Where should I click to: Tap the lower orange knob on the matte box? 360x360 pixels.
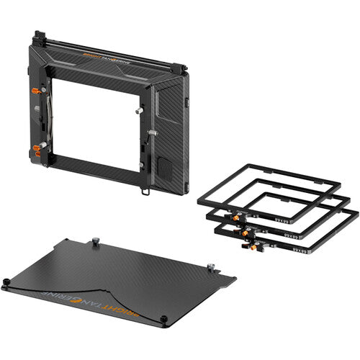pyautogui.click(x=36, y=150)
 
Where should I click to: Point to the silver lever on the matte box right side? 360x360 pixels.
pyautogui.click(x=152, y=133)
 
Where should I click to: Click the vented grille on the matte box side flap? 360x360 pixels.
pyautogui.click(x=165, y=169)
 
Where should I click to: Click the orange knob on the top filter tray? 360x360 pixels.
pyautogui.click(x=235, y=214)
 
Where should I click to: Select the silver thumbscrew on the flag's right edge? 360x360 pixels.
pyautogui.click(x=212, y=268)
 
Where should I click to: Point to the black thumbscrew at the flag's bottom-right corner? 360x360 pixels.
pyautogui.click(x=164, y=320)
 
